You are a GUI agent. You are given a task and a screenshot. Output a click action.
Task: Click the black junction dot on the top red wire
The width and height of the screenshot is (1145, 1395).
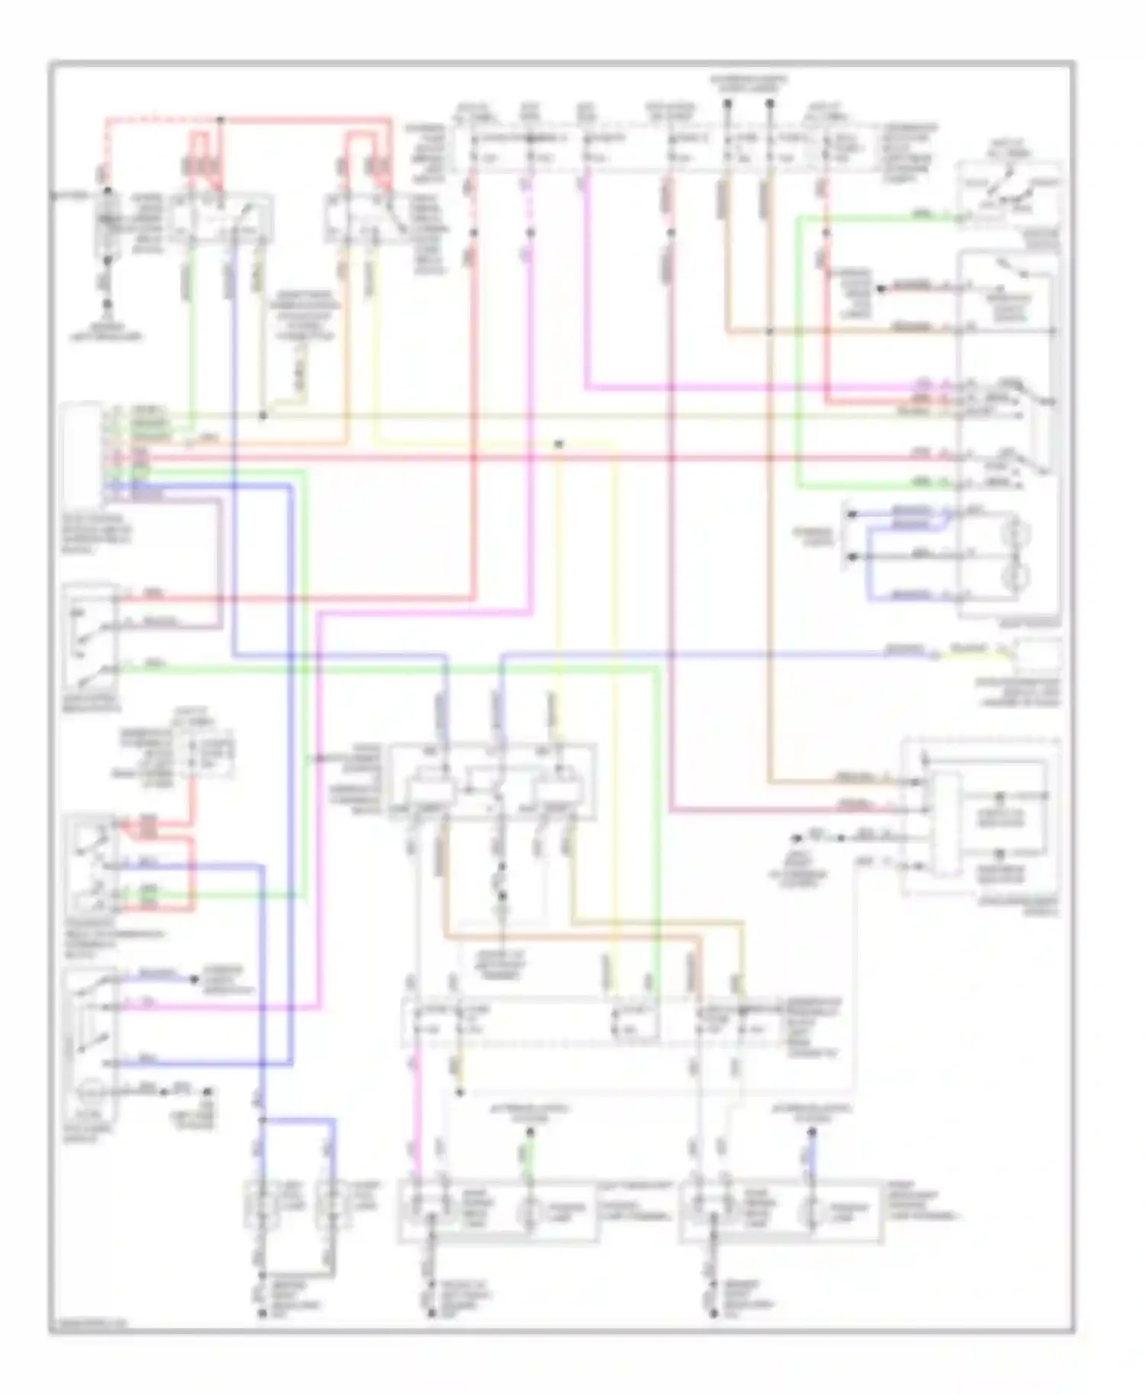click(x=221, y=120)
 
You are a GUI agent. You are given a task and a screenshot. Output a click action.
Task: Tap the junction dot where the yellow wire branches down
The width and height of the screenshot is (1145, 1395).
click(x=560, y=443)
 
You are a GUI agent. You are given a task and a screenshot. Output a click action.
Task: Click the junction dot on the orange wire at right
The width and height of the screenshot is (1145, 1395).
click(x=770, y=331)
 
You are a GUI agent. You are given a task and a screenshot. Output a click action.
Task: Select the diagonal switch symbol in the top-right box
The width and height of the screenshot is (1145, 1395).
click(x=1009, y=185)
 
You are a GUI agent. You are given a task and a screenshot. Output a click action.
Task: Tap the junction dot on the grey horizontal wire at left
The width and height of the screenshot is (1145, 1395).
click(x=263, y=416)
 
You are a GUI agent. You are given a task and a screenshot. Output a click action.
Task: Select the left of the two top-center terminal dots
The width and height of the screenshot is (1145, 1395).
click(x=727, y=102)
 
